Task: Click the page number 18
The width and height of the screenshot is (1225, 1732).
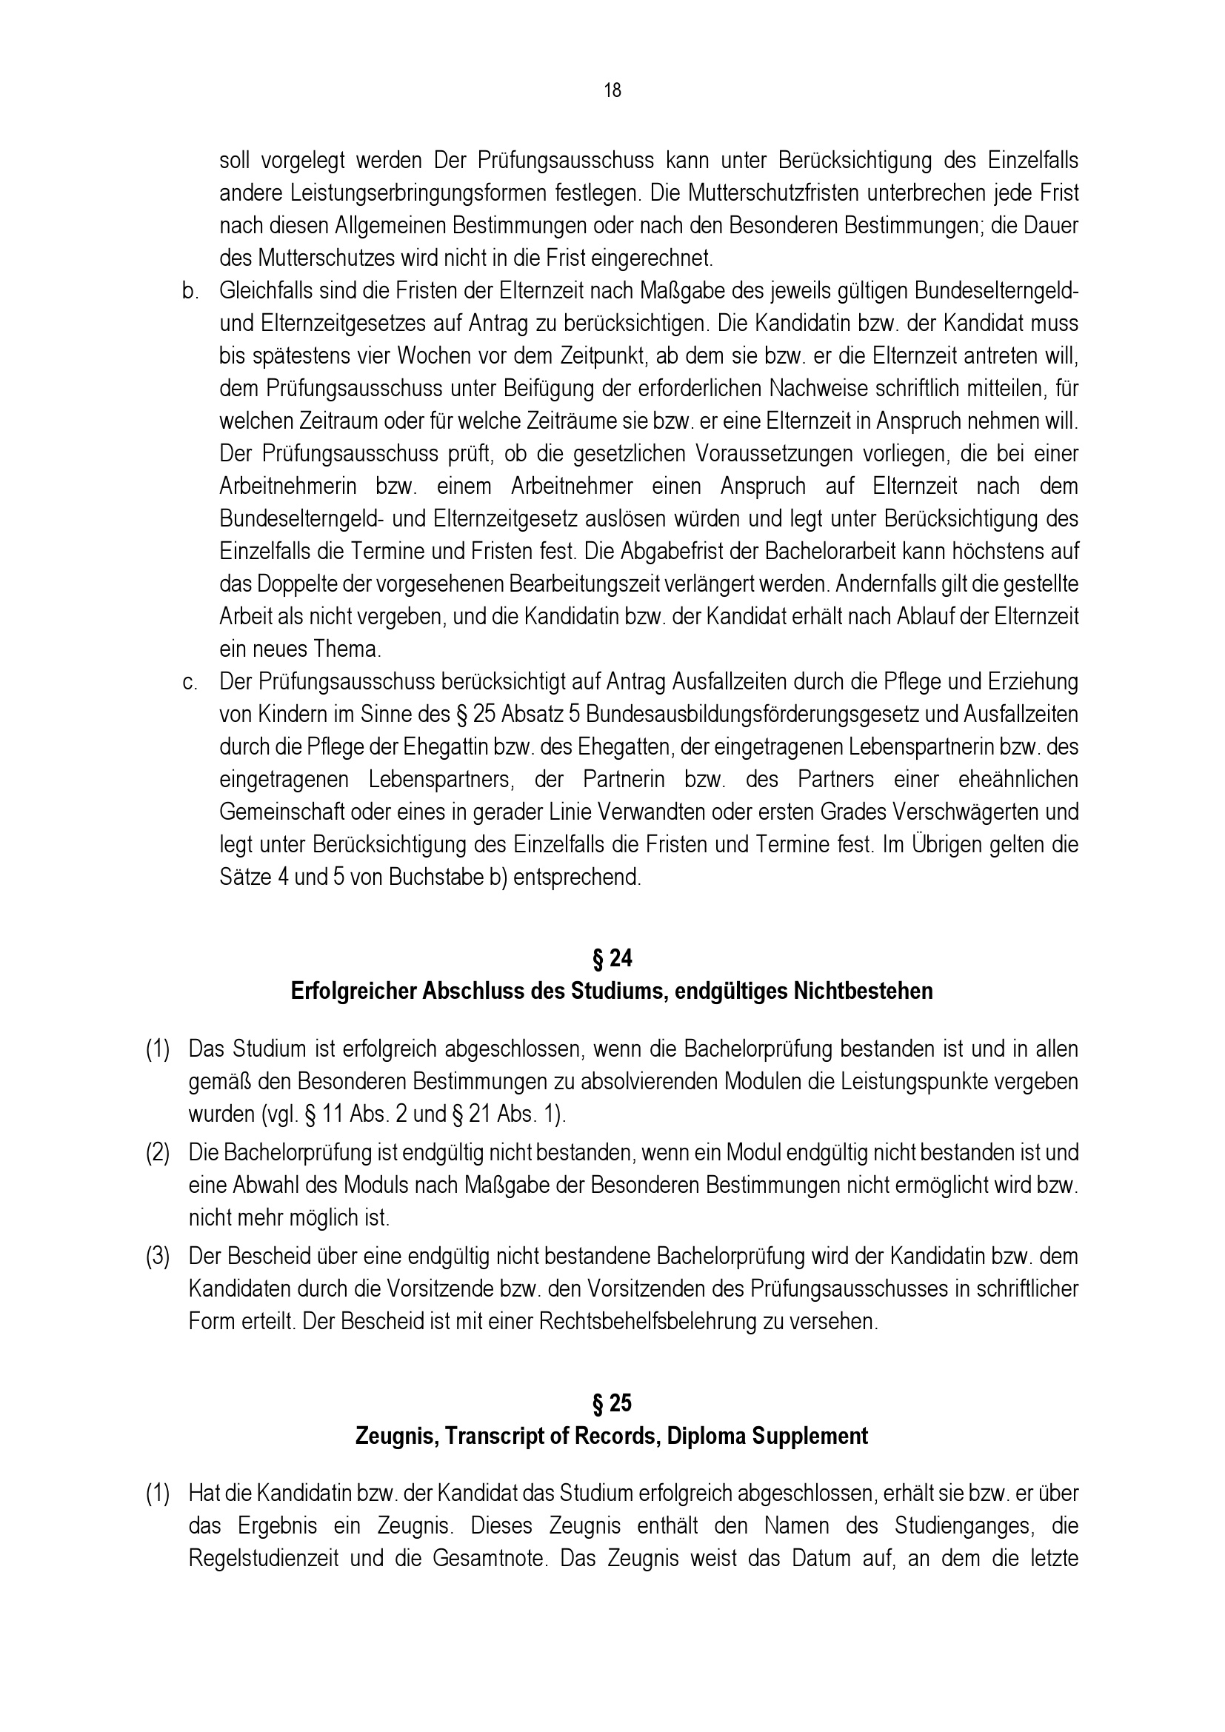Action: point(612,91)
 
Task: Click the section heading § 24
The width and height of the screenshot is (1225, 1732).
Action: point(612,959)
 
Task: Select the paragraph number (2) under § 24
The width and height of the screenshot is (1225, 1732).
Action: point(158,1154)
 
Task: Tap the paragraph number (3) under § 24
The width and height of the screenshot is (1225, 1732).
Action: point(158,1257)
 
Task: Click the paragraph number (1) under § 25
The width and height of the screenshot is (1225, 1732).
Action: point(158,1494)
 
